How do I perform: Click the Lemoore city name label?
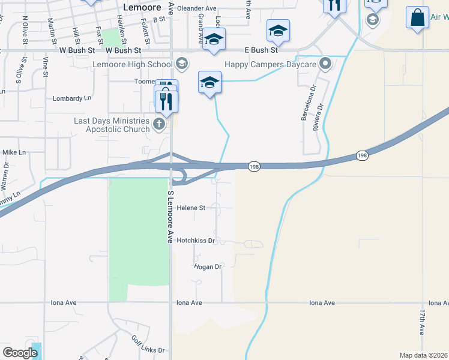[143, 7]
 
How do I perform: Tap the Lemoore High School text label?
[132, 63]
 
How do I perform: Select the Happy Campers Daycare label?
[271, 63]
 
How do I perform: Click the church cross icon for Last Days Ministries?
[158, 124]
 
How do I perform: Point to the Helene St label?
[191, 208]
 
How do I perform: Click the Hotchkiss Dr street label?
[195, 240]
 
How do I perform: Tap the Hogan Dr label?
[208, 266]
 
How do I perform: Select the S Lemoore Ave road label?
[170, 217]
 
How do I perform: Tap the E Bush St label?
[261, 50]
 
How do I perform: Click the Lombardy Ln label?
[72, 98]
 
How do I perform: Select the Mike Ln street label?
[14, 152]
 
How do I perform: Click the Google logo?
[20, 352]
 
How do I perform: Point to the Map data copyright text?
[423, 355]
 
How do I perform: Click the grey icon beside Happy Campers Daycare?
[325, 63]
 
